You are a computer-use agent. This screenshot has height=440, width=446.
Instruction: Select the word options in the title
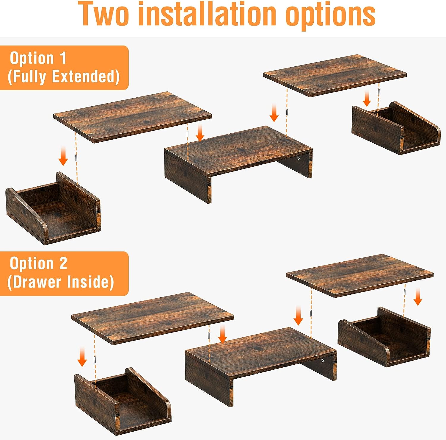pyautogui.click(x=330, y=15)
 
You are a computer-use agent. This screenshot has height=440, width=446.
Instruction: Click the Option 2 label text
pyautogui.click(x=38, y=263)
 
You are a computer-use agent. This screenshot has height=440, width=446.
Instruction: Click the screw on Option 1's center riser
pyautogui.click(x=299, y=158)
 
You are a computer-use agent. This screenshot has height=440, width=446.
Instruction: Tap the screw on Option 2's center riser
pyautogui.click(x=323, y=361)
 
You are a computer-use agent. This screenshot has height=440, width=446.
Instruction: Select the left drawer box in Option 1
pyautogui.click(x=53, y=208)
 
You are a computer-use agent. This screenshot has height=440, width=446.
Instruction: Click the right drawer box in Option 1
pyautogui.click(x=396, y=128)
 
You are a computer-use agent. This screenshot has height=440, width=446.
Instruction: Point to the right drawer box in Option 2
pyautogui.click(x=384, y=337)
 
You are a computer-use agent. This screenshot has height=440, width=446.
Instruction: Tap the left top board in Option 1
pyautogui.click(x=133, y=117)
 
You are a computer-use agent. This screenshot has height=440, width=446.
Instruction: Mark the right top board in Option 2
pyautogui.click(x=360, y=275)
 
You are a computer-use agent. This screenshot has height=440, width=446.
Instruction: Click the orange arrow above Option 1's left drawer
pyautogui.click(x=63, y=156)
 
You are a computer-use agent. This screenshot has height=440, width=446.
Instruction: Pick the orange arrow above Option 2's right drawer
pyautogui.click(x=418, y=297)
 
